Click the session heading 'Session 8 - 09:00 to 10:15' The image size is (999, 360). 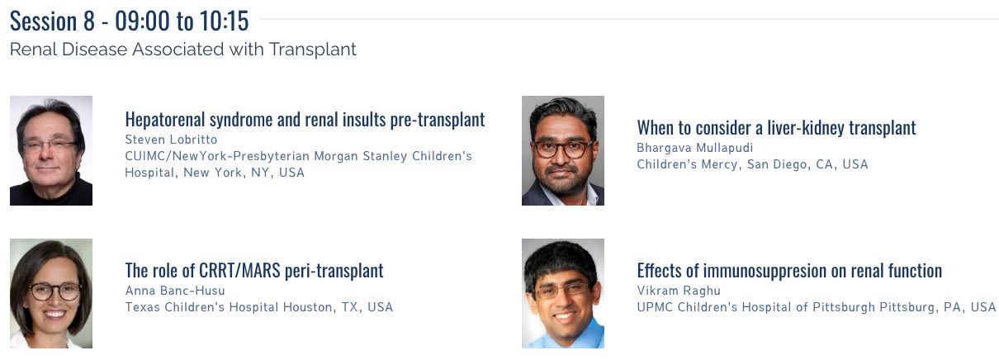coord(130,21)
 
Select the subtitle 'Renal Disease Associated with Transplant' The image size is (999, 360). coord(182,50)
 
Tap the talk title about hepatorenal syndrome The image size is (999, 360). coord(305,120)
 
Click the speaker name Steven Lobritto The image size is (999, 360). coord(171,140)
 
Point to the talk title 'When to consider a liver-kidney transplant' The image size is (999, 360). coord(776,128)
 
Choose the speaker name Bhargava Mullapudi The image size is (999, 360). coord(695,148)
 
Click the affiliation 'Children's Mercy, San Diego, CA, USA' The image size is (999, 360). coord(752,164)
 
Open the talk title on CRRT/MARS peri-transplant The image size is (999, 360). coord(254,270)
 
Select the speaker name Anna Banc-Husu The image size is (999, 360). coord(175,291)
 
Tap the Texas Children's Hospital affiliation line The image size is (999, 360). coord(259,307)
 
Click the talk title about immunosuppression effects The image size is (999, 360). coord(789,270)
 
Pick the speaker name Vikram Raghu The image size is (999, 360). coord(679,291)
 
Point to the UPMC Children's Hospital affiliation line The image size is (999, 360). coord(817,307)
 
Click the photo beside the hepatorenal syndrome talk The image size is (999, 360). coord(51,151)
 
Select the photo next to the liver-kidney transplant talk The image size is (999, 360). coord(563,151)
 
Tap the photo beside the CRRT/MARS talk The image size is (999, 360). coord(51,293)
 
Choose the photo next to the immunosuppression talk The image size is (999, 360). coord(563,293)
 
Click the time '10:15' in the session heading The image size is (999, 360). coord(224,21)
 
